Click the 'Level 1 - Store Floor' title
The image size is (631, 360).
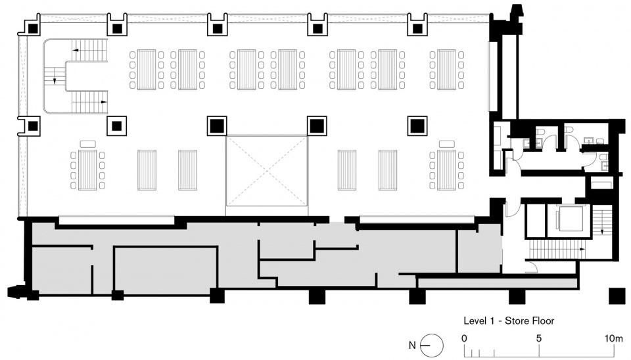click(x=509, y=321)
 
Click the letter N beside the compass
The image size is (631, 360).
click(x=412, y=345)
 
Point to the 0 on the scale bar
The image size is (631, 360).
click(x=465, y=338)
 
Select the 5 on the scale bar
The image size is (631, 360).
click(x=539, y=338)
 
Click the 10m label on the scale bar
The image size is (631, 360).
click(x=614, y=338)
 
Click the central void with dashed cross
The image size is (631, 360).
click(x=267, y=171)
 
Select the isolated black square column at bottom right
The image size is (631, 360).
click(x=617, y=296)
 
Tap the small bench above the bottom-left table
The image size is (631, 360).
click(x=87, y=144)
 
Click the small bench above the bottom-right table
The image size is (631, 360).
click(x=447, y=144)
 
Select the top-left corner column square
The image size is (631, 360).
click(x=33, y=28)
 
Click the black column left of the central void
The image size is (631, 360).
click(x=217, y=126)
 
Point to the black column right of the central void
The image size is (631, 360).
click(x=317, y=126)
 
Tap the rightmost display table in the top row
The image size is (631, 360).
click(x=447, y=69)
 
